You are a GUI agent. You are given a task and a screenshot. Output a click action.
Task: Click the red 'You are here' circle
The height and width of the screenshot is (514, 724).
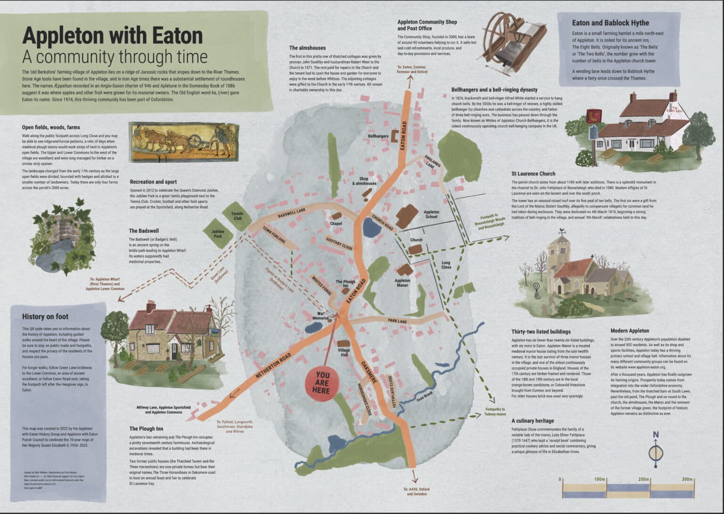pyautogui.click(x=323, y=382)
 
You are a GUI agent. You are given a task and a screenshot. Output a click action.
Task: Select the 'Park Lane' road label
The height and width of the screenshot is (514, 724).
pyautogui.click(x=397, y=321)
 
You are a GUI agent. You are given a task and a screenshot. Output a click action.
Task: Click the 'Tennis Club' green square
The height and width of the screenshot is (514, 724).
pyautogui.click(x=237, y=216)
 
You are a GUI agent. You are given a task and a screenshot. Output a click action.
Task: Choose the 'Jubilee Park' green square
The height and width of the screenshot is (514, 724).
pyautogui.click(x=217, y=233)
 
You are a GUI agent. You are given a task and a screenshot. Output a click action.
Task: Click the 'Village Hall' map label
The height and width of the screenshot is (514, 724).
pyautogui.click(x=344, y=352)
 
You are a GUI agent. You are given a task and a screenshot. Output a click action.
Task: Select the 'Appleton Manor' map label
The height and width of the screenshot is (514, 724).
pyautogui.click(x=402, y=282)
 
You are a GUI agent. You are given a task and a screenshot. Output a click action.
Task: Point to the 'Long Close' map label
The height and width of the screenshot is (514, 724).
pyautogui.click(x=445, y=265)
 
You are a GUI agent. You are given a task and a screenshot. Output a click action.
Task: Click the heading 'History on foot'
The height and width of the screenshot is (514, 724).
pyautogui.click(x=45, y=316)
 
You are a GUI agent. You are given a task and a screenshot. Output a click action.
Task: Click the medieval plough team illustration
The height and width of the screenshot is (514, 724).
pyautogui.click(x=182, y=140)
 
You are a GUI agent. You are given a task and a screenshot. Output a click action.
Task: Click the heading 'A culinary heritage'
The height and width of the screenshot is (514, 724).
pyautogui.click(x=533, y=421)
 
